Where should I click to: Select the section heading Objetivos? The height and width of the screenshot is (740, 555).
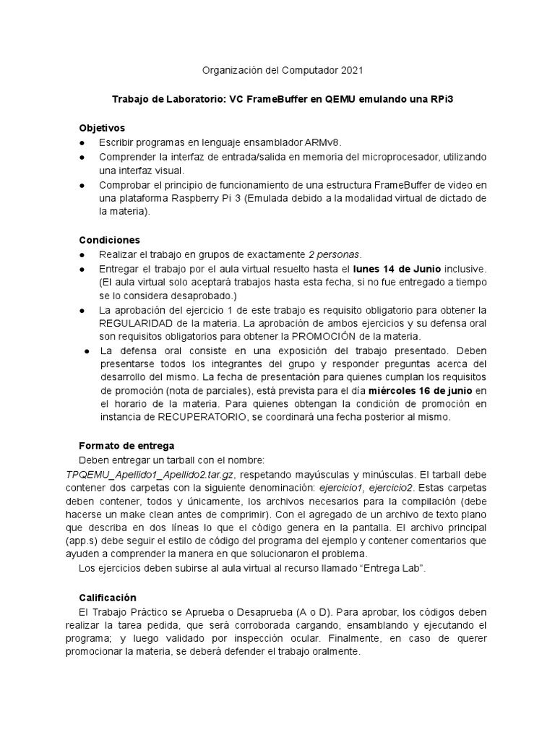coord(102,128)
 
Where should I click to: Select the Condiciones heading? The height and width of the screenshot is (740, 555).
coord(109,239)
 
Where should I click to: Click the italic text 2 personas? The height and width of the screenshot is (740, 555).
coord(334,254)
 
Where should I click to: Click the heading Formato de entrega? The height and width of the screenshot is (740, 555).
coord(126,446)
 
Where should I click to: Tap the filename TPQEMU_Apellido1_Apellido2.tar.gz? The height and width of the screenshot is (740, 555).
coord(150,474)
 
